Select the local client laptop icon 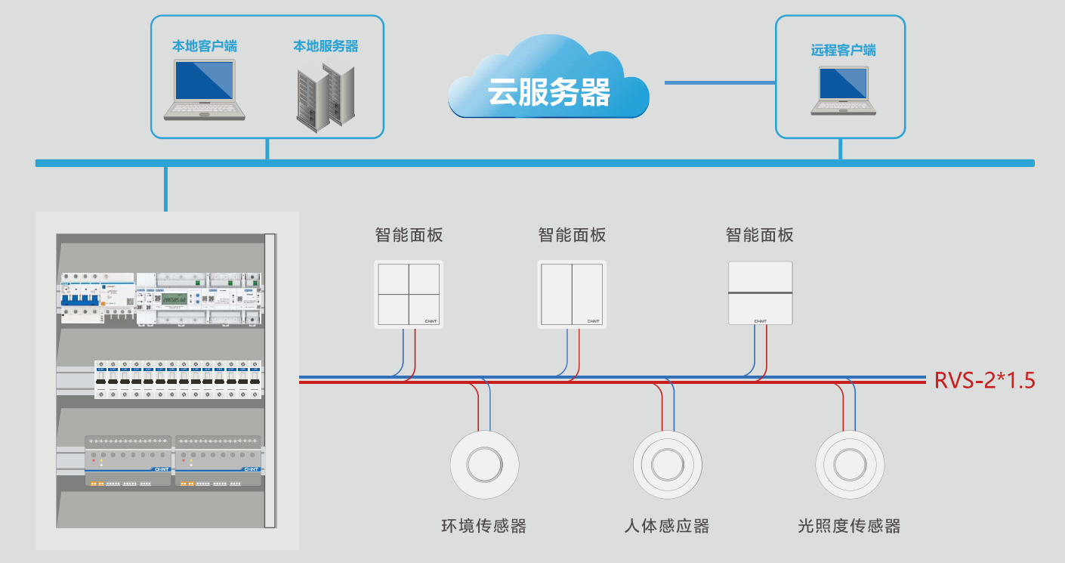click(x=205, y=89)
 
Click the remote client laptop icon click(x=843, y=91)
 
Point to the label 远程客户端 click(x=843, y=51)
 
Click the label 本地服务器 click(x=326, y=46)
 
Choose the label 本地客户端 click(x=204, y=46)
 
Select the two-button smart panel click(x=572, y=294)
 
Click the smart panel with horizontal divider click(x=760, y=292)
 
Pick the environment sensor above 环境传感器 click(x=483, y=464)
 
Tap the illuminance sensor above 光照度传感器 click(x=850, y=464)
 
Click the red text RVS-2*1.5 click(x=984, y=380)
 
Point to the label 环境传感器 click(x=483, y=526)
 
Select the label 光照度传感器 click(x=849, y=526)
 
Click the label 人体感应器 click(x=667, y=526)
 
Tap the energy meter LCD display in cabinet click(x=174, y=299)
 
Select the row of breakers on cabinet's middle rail click(x=178, y=379)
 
